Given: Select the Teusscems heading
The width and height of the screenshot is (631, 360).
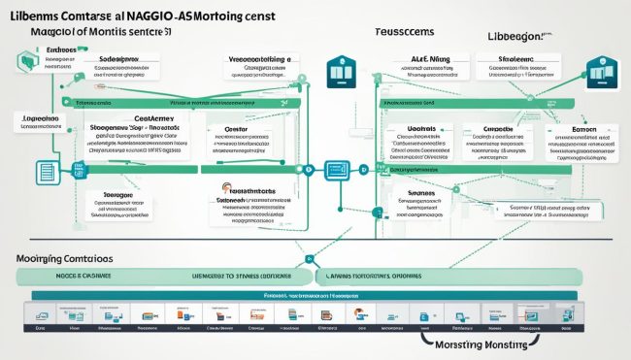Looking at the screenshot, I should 400,31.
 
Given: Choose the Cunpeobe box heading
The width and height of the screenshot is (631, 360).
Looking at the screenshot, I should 498,127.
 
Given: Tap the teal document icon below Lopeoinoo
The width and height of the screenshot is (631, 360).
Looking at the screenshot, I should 46,172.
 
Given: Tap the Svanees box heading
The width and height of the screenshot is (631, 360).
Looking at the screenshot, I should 420,194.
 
